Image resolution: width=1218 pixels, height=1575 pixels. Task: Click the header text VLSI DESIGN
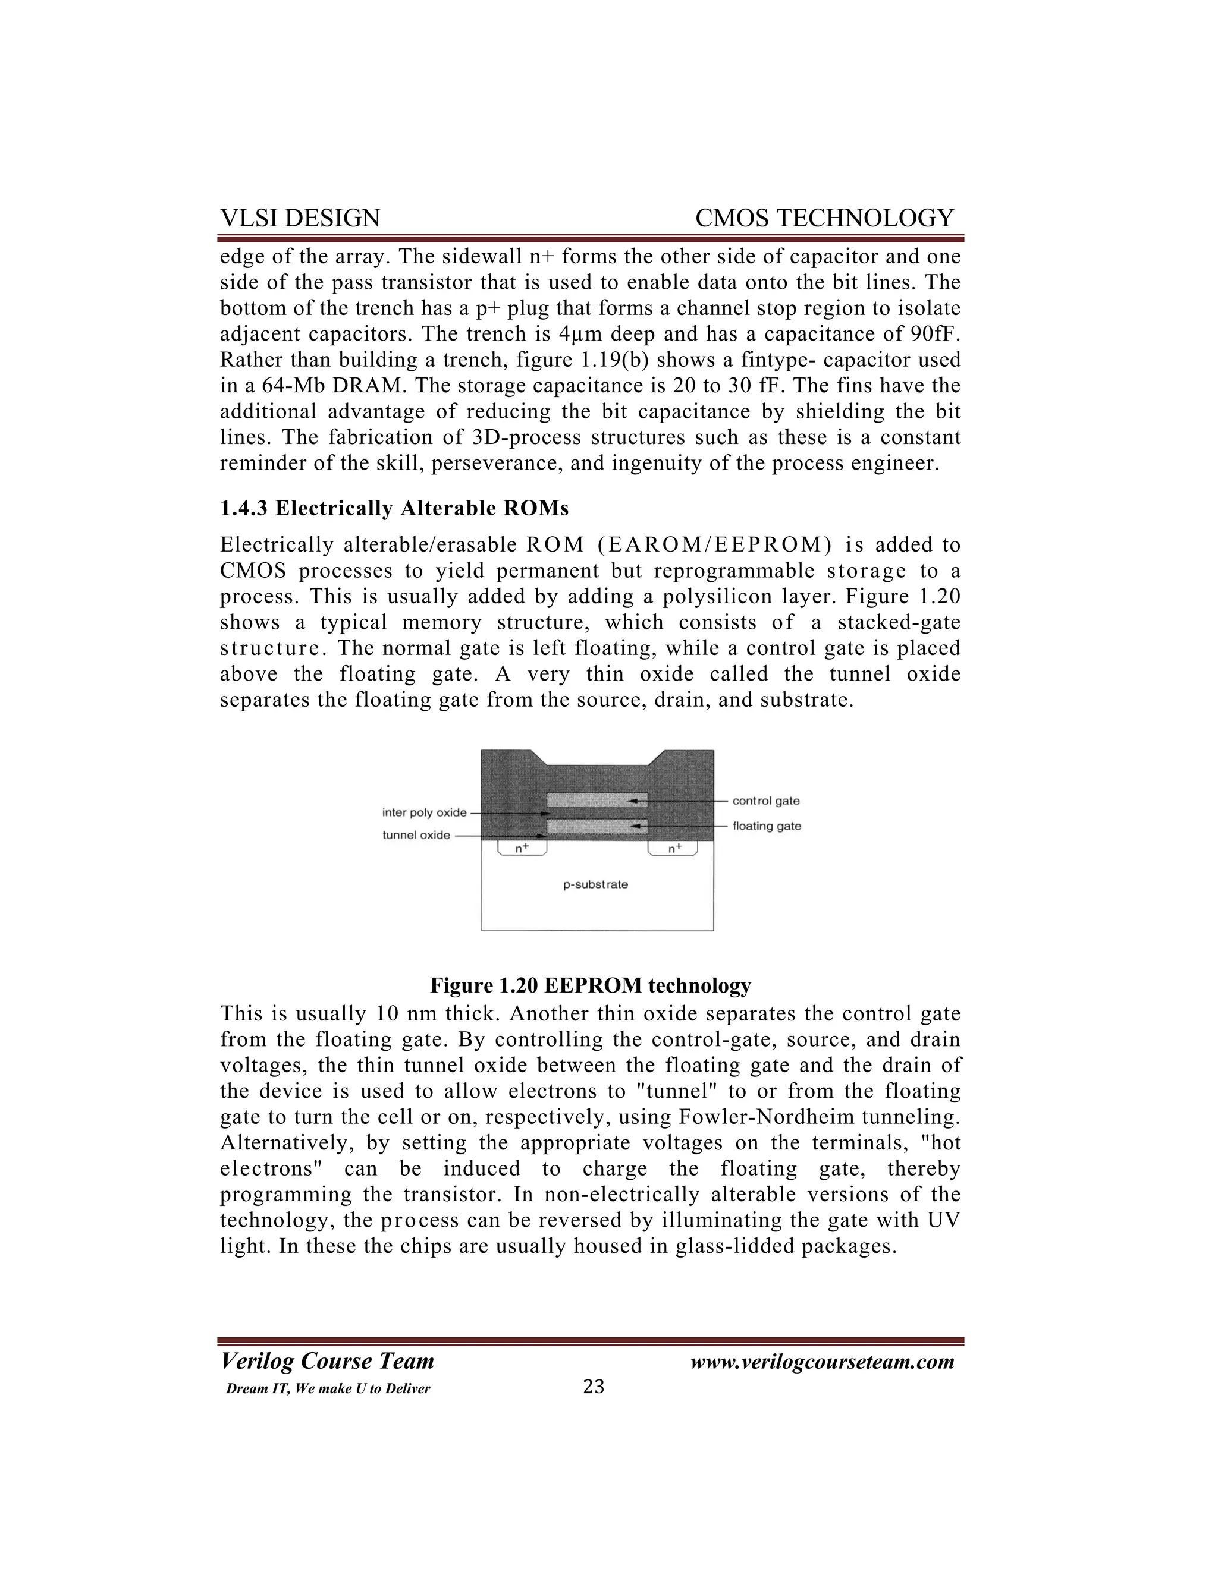tap(300, 219)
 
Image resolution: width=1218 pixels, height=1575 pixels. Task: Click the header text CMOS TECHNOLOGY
tap(824, 219)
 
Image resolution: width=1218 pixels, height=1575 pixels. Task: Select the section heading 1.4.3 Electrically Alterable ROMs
tap(394, 509)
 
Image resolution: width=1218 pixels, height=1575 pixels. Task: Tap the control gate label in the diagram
tap(765, 801)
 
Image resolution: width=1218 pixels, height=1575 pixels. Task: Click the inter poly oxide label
tap(424, 812)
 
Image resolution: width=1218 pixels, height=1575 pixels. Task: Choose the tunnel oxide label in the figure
tap(416, 835)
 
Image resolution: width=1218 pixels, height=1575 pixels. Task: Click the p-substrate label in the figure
tap(595, 885)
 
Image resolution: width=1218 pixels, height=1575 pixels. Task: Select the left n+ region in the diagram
tap(522, 849)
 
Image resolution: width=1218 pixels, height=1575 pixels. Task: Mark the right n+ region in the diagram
tap(674, 849)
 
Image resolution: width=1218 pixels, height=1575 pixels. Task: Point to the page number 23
tap(593, 1387)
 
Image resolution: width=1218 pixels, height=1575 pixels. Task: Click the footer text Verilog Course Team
tap(327, 1362)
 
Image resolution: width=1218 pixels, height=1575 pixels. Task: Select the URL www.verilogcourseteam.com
tap(822, 1362)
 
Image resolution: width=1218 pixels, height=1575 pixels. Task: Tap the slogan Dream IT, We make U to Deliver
tap(328, 1389)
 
